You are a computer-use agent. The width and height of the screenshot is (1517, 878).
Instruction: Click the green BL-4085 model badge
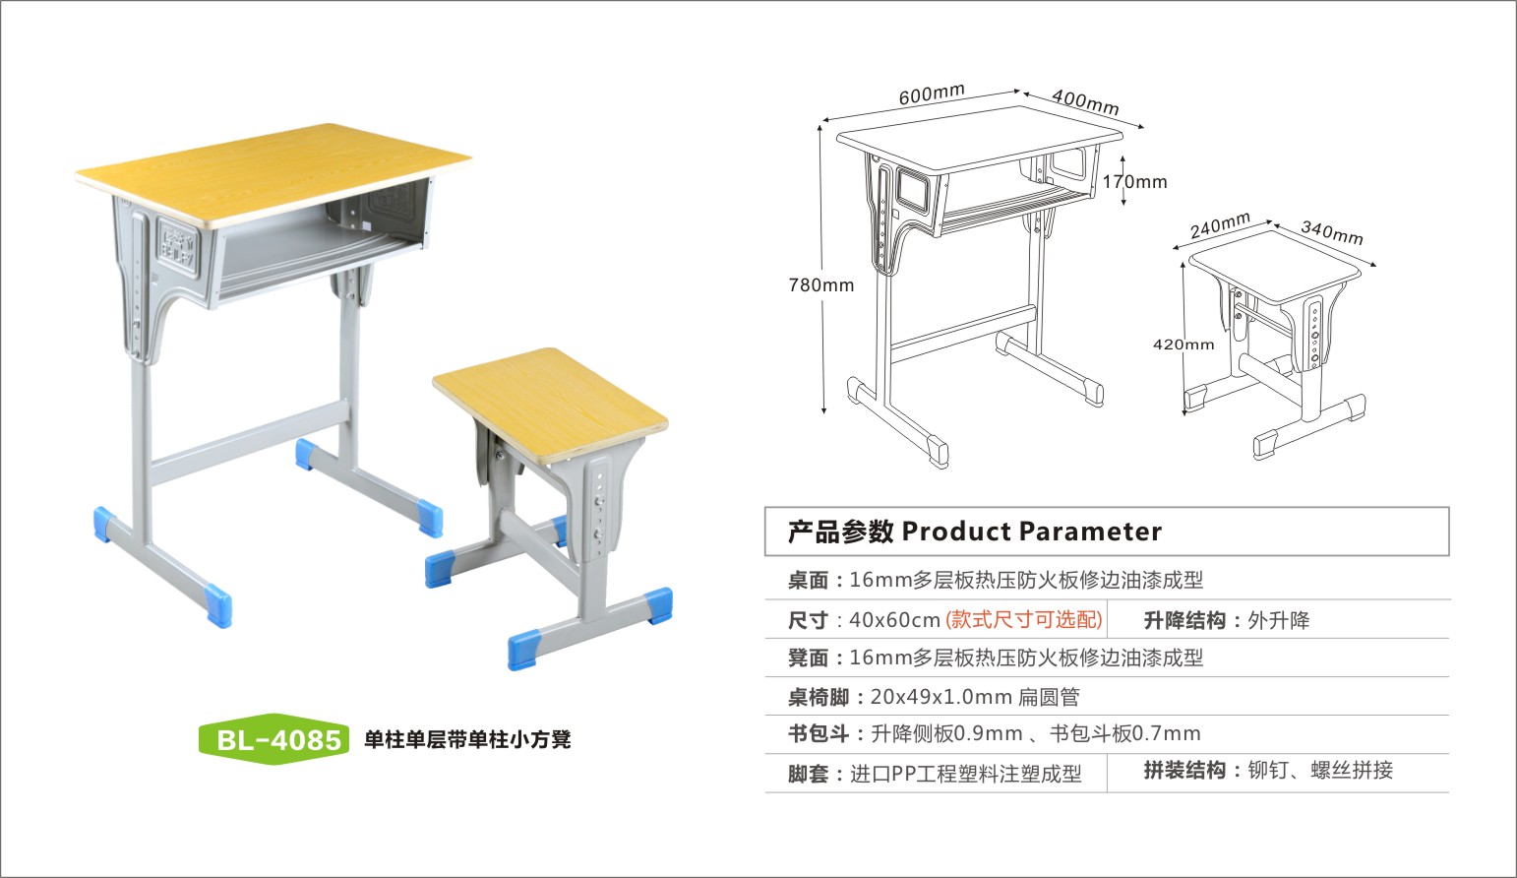(274, 739)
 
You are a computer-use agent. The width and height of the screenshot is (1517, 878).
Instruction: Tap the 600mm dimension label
(932, 94)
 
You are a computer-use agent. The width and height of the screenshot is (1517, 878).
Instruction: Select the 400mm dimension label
(1085, 100)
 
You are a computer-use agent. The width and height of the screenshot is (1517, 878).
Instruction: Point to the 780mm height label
(821, 285)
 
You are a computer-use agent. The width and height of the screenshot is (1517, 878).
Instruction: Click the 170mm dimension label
(1134, 182)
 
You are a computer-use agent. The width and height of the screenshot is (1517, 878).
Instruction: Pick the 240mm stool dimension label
(1220, 226)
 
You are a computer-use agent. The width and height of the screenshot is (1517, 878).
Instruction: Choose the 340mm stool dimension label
(1332, 232)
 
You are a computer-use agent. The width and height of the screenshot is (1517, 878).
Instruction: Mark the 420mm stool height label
(1183, 345)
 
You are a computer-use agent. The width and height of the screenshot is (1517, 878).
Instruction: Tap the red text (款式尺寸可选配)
(1024, 620)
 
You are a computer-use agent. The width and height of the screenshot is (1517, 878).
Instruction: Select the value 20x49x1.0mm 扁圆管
(975, 697)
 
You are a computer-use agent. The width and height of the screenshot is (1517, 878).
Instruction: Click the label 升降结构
(1184, 620)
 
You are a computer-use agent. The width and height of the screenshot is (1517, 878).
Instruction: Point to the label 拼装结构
(1184, 771)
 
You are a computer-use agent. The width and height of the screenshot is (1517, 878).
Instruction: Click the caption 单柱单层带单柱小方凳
(467, 739)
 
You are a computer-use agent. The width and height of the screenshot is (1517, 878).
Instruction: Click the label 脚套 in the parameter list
(808, 775)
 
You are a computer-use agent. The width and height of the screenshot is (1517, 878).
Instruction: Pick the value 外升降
(1279, 620)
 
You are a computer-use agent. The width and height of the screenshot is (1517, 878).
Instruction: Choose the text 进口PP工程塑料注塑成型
(966, 775)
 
